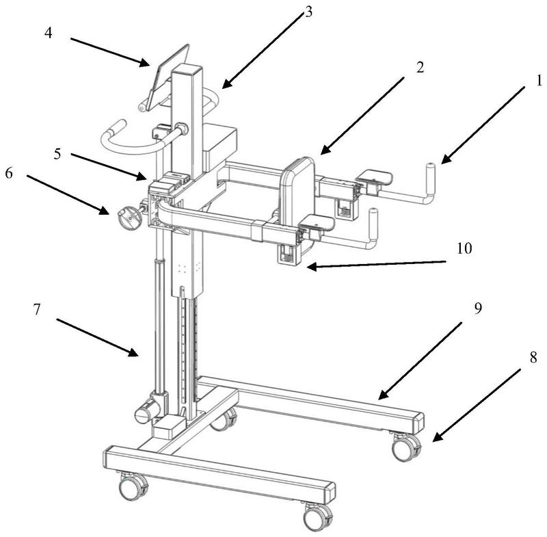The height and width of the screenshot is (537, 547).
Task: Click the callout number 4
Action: [x=48, y=33]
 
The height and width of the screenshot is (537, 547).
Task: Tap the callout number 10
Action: [x=464, y=248]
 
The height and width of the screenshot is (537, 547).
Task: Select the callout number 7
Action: [x=37, y=309]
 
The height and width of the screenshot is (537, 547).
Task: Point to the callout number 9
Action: [x=478, y=308]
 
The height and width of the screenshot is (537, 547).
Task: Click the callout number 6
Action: [x=9, y=172]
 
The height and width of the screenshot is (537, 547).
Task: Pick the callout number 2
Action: [x=420, y=66]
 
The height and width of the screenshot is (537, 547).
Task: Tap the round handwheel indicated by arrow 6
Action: [x=129, y=218]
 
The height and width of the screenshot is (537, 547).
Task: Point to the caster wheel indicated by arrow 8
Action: [x=406, y=447]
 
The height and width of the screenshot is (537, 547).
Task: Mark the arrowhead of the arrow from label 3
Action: [x=227, y=84]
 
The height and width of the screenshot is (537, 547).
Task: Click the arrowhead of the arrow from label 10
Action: [x=312, y=267]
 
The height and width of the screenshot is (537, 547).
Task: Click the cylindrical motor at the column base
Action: [x=148, y=408]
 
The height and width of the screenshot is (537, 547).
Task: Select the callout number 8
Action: [x=533, y=357]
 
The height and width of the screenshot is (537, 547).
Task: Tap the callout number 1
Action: [x=539, y=81]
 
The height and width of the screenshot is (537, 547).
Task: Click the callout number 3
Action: [x=308, y=12]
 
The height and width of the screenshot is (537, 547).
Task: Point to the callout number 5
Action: [x=57, y=154]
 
